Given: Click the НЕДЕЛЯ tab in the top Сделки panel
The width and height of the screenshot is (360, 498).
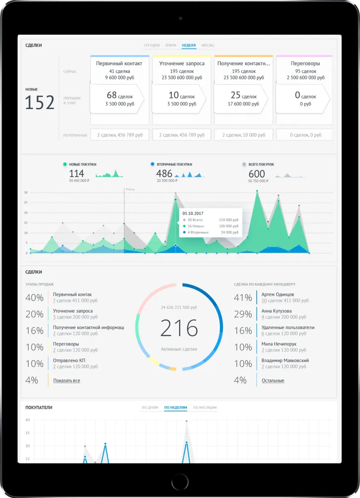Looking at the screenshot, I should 189,45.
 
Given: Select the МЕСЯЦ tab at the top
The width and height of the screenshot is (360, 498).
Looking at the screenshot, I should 208,45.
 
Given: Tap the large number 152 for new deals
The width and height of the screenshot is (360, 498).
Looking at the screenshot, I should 40,103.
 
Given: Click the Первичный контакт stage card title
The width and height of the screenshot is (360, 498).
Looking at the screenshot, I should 119,63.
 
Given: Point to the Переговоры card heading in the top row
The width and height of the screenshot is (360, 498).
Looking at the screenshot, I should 305,63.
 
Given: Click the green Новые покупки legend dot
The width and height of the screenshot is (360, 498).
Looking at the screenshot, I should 65,164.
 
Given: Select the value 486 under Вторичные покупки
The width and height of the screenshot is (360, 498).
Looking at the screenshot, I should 164,174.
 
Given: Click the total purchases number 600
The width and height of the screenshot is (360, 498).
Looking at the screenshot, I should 257,174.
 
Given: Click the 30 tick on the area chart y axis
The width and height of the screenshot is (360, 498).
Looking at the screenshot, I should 26,193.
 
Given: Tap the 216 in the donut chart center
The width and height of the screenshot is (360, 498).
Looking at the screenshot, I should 179,328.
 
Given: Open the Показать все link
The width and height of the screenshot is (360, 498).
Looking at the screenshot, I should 66,381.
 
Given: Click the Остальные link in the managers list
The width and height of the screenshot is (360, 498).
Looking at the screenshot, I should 273,381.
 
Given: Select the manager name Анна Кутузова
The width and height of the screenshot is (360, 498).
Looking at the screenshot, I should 277,311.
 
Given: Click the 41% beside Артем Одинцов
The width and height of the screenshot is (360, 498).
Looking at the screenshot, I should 243,298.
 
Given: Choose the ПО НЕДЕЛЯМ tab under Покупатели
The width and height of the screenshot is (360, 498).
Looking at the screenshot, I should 176,408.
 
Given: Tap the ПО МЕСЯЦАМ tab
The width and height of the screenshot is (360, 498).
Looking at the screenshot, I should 205,408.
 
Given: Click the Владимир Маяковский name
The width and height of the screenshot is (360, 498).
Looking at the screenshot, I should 285,361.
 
